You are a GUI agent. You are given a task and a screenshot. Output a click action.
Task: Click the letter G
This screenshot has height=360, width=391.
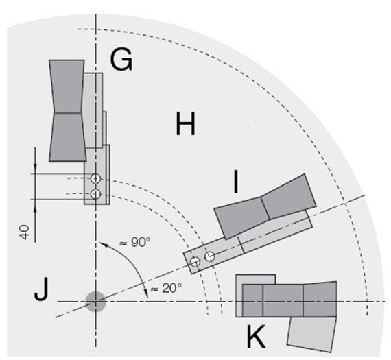point(121,61)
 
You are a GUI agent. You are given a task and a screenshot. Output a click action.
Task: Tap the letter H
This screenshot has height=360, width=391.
point(185,125)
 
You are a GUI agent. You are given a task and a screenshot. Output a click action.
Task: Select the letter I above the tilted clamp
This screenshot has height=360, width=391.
point(236,183)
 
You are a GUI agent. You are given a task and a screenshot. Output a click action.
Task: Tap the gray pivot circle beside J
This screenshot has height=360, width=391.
point(95,301)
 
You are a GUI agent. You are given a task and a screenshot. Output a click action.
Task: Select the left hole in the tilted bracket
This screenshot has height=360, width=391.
point(195,261)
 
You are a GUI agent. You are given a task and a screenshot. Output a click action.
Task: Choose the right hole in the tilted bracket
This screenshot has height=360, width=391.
point(210,256)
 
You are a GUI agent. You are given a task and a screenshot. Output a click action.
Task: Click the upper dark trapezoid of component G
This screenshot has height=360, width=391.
point(67,85)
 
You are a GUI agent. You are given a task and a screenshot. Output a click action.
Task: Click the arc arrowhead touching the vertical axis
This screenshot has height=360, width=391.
point(100,242)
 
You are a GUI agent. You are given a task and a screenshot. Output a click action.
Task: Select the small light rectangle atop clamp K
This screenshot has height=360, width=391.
point(255,279)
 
